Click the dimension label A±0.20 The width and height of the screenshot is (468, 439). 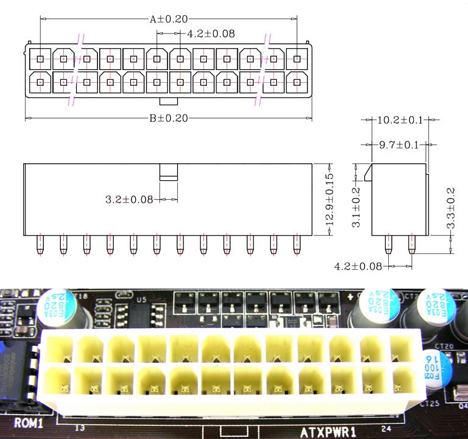tap(169, 19)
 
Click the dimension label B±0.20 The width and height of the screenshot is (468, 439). tap(169, 118)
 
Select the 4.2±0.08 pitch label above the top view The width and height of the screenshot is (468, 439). tap(211, 33)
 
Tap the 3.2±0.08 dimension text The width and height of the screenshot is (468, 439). tap(129, 199)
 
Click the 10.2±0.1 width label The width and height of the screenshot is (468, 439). tap(400, 120)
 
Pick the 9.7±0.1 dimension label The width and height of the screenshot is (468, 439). tap(399, 145)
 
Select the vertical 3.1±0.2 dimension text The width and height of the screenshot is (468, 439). tap(358, 208)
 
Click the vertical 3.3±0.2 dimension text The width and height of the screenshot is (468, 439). tap(450, 208)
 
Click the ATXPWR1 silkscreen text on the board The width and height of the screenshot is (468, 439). tap(328, 432)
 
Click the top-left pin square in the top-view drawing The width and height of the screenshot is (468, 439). tap(40, 59)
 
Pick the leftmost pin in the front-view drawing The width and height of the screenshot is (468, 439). tap(40, 244)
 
